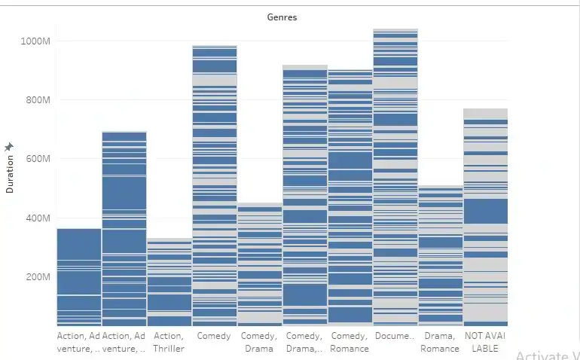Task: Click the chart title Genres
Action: [x=282, y=17]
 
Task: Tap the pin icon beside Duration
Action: [x=9, y=146]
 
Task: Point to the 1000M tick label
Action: [x=35, y=41]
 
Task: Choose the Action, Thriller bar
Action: [x=169, y=282]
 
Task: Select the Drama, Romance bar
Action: [x=440, y=256]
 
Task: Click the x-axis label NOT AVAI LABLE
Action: [x=485, y=342]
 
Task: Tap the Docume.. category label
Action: [x=395, y=336]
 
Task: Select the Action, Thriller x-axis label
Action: [x=169, y=342]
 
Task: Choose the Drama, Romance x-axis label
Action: [x=440, y=342]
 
